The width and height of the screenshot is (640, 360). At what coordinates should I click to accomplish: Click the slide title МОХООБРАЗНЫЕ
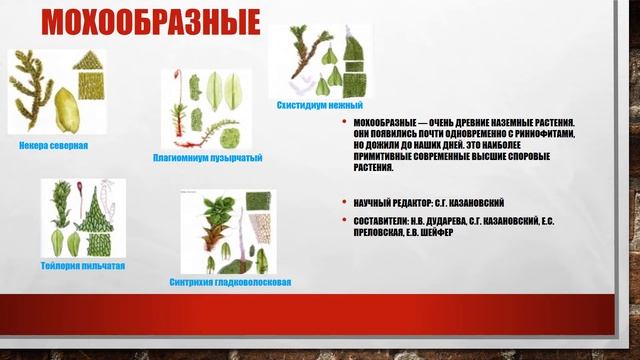[x=150, y=23]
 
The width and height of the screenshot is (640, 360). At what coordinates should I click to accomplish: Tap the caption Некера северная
[x=53, y=145]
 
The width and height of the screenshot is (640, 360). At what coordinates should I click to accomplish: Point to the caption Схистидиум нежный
[x=319, y=105]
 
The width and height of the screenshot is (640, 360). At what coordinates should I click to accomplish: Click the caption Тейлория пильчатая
[x=83, y=267]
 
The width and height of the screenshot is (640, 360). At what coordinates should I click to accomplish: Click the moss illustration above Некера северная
[x=60, y=92]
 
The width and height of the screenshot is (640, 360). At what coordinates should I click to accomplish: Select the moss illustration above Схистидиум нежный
[x=326, y=60]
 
